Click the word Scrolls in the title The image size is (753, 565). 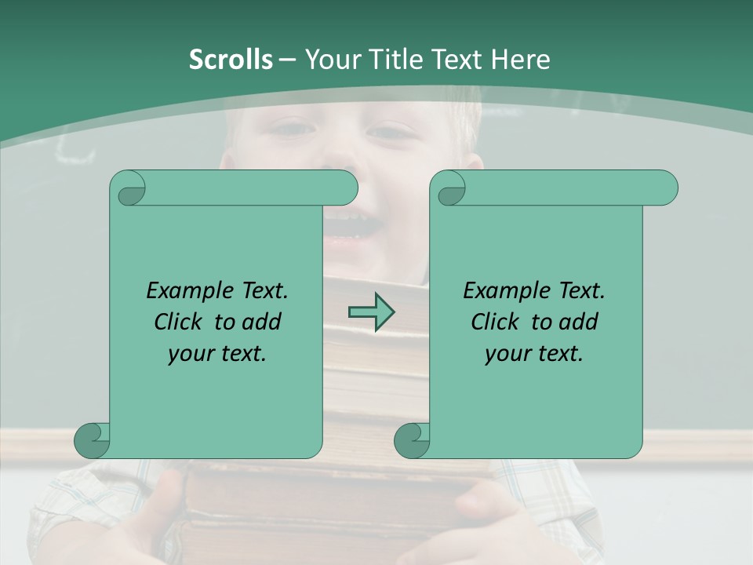coord(231,60)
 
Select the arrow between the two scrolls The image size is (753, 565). coord(371,312)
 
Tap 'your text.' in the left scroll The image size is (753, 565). coord(216,354)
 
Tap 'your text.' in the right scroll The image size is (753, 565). coord(533,354)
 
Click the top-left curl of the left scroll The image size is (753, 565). coord(129,189)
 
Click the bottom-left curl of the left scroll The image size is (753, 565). coord(92,440)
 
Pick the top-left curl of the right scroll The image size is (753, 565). coord(449,189)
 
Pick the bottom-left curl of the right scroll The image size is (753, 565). coord(412,440)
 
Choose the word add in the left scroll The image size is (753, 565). coord(262,322)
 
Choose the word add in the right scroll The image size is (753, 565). coord(579,322)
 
